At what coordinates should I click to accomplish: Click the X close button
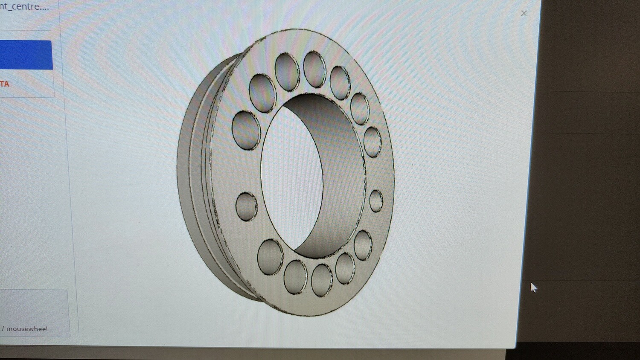pyautogui.click(x=524, y=14)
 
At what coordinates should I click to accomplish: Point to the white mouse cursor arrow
pyautogui.click(x=533, y=287)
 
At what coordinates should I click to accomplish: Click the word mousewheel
pyautogui.click(x=27, y=329)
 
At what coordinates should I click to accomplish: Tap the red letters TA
pyautogui.click(x=5, y=84)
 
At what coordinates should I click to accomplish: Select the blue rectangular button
pyautogui.click(x=26, y=55)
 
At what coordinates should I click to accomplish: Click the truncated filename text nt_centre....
pyautogui.click(x=24, y=7)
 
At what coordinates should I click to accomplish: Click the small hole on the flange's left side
pyautogui.click(x=246, y=206)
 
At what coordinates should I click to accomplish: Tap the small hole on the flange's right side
pyautogui.click(x=376, y=201)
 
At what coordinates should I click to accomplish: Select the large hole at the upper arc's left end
pyautogui.click(x=246, y=130)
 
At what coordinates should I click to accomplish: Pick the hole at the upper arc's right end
pyautogui.click(x=372, y=142)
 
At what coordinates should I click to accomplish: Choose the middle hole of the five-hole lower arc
pyautogui.click(x=322, y=280)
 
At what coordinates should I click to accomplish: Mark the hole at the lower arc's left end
pyautogui.click(x=270, y=257)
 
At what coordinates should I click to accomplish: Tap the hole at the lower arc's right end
pyautogui.click(x=363, y=245)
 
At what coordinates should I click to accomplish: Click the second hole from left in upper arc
pyautogui.click(x=262, y=93)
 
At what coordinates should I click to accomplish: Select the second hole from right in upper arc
pyautogui.click(x=360, y=108)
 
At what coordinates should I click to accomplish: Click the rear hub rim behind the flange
pyautogui.click(x=190, y=171)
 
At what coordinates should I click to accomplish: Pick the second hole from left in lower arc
pyautogui.click(x=295, y=277)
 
